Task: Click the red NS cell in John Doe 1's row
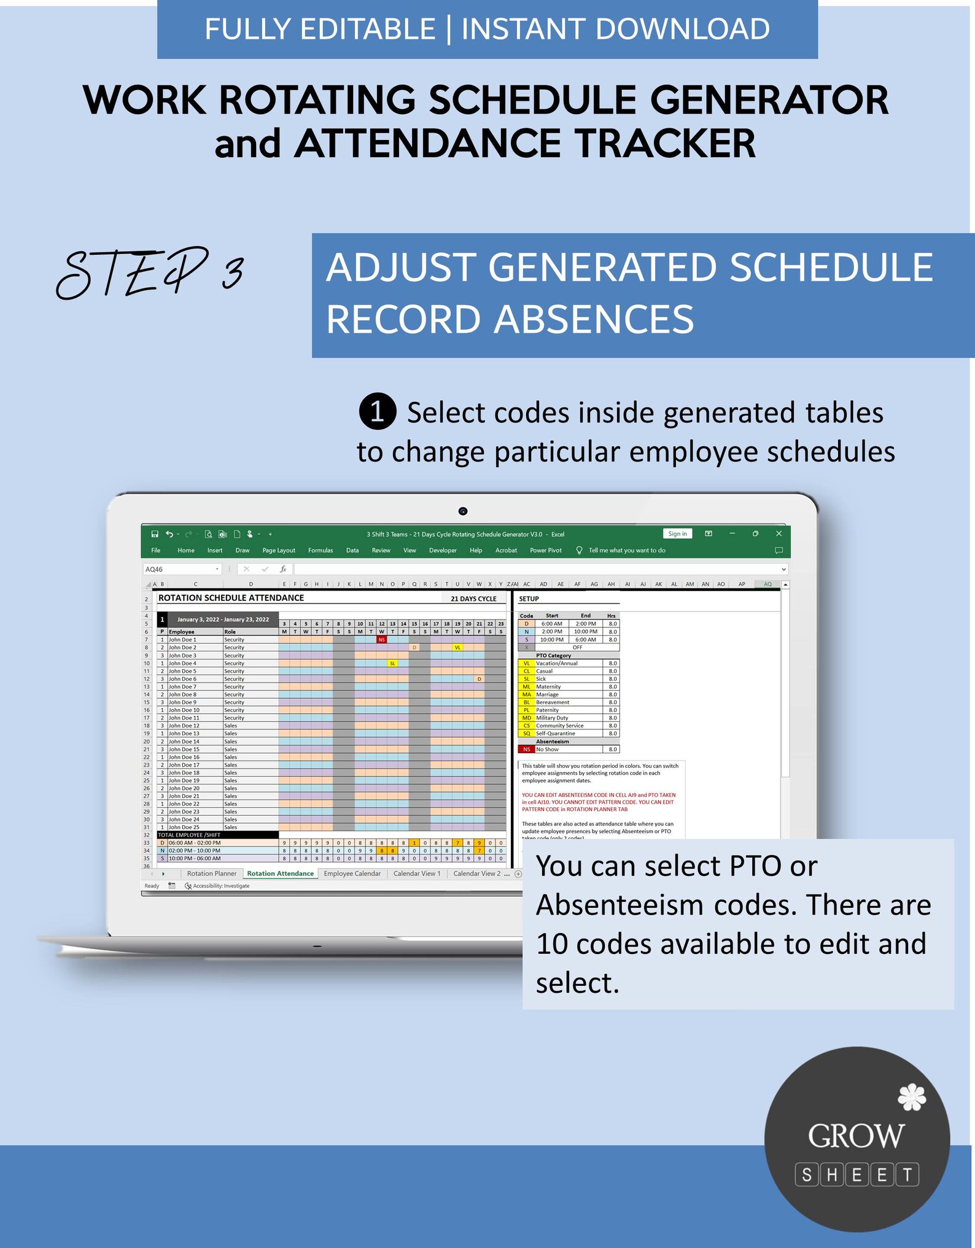(x=381, y=640)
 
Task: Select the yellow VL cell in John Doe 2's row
(x=457, y=648)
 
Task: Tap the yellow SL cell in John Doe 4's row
(x=392, y=664)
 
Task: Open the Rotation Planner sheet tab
(x=211, y=874)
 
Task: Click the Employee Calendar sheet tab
(x=352, y=874)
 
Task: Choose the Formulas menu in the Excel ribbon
(x=320, y=551)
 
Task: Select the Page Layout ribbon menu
(x=279, y=551)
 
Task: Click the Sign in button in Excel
(x=677, y=534)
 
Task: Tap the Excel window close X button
(x=779, y=534)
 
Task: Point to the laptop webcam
(x=463, y=511)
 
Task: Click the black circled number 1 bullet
(x=377, y=411)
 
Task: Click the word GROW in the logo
(x=856, y=1136)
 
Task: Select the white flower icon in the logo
(x=912, y=1098)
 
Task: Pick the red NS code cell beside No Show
(x=526, y=750)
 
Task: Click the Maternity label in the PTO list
(x=548, y=687)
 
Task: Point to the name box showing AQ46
(x=181, y=570)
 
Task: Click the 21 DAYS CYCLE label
(x=473, y=599)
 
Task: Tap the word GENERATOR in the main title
(x=769, y=100)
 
